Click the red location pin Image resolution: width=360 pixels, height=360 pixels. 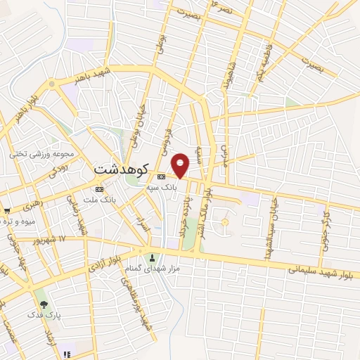[181, 165]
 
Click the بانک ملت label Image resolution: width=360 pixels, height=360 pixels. [98, 200]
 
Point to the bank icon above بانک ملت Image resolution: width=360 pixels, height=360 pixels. [99, 189]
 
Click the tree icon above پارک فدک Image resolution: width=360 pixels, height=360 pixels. [44, 304]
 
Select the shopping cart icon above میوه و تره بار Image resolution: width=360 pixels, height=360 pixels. [6, 210]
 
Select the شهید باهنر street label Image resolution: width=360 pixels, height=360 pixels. [94, 76]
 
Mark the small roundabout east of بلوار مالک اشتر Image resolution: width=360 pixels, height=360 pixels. [225, 223]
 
